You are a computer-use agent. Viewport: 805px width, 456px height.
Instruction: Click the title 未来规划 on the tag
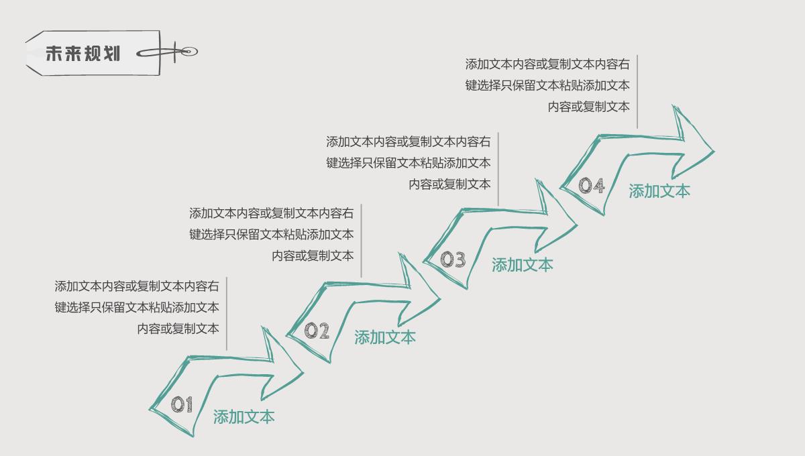click(83, 54)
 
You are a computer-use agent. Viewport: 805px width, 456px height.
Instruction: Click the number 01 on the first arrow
click(182, 404)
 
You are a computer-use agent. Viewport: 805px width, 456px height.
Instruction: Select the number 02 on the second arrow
click(317, 330)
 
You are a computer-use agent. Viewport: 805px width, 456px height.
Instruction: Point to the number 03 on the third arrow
click(453, 259)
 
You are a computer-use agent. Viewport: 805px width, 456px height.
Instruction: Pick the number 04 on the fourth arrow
click(592, 185)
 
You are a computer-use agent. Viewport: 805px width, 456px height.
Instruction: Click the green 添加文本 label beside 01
click(244, 417)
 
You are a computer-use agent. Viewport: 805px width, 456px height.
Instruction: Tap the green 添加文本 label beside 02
click(385, 337)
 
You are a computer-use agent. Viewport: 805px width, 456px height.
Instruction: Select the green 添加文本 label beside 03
click(523, 265)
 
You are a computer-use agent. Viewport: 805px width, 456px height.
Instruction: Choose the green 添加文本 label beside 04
click(659, 191)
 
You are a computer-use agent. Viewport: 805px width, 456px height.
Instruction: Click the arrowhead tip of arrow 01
click(302, 373)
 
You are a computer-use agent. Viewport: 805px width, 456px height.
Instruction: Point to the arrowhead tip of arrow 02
click(439, 298)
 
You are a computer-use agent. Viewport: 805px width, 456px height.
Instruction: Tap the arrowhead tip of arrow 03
click(576, 226)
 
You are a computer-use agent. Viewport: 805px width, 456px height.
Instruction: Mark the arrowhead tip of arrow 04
click(714, 152)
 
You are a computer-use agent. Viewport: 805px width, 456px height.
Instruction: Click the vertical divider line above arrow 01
click(227, 313)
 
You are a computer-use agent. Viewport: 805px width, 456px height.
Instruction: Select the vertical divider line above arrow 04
click(637, 91)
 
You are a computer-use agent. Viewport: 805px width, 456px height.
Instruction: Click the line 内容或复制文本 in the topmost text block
click(588, 107)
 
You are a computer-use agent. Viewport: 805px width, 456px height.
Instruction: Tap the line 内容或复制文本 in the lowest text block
click(178, 329)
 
